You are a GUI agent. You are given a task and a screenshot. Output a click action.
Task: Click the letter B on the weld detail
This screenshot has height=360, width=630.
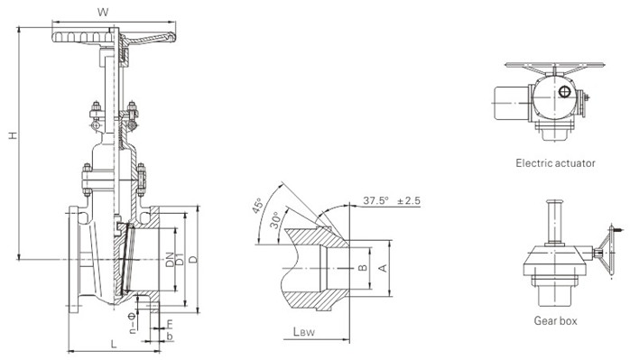point(360,268)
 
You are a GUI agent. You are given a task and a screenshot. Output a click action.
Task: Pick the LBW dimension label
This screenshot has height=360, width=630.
point(303,332)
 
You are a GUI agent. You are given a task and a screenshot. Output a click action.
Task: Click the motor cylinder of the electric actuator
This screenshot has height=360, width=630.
point(509,101)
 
